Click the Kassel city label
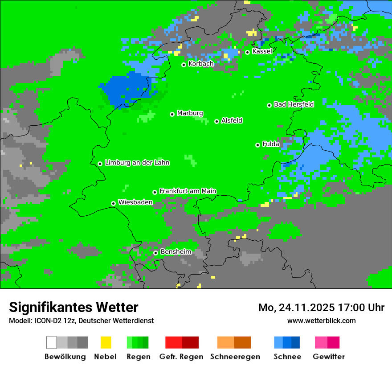[x=262, y=51]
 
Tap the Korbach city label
[x=201, y=64]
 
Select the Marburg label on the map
[x=190, y=113]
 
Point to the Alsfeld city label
[x=232, y=120]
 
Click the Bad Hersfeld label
[x=294, y=104]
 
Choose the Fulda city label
[x=271, y=144]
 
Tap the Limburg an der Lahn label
[x=137, y=163]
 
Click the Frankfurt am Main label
[x=188, y=191]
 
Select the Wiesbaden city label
[x=135, y=202]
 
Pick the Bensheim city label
[x=176, y=252]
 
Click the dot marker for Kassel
[x=248, y=52]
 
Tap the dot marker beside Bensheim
[x=155, y=253]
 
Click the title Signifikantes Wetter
[x=73, y=307]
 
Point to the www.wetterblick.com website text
[x=321, y=321]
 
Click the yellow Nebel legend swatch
[x=106, y=342]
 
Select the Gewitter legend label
[x=329, y=357]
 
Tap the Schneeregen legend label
[x=235, y=357]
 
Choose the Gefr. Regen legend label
[x=181, y=357]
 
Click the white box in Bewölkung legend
[x=52, y=342]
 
